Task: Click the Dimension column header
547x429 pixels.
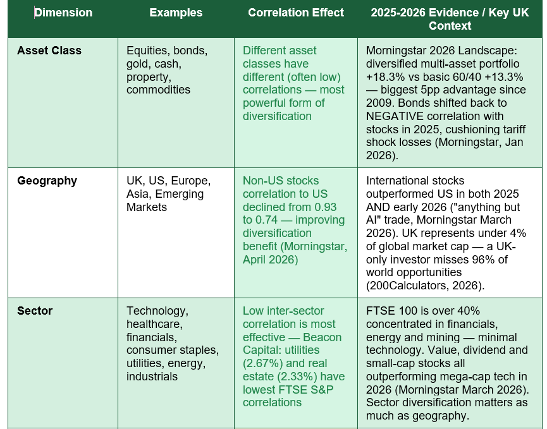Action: pyautogui.click(x=63, y=13)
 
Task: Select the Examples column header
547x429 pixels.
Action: pyautogui.click(x=176, y=13)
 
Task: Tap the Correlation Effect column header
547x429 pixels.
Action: pyautogui.click(x=296, y=13)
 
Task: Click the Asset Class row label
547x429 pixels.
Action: pyautogui.click(x=49, y=51)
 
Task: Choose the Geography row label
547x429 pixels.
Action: pyautogui.click(x=47, y=181)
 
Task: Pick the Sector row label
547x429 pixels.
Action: pyautogui.click(x=35, y=311)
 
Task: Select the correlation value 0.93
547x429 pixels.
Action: pyautogui.click(x=326, y=207)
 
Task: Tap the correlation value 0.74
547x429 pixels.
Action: pyautogui.click(x=266, y=221)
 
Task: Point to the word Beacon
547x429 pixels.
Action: pyautogui.click(x=322, y=337)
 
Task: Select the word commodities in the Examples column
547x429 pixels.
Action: pyautogui.click(x=158, y=90)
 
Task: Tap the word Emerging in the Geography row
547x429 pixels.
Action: pyautogui.click(x=180, y=194)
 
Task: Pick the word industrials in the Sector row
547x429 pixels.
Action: pyautogui.click(x=152, y=377)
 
